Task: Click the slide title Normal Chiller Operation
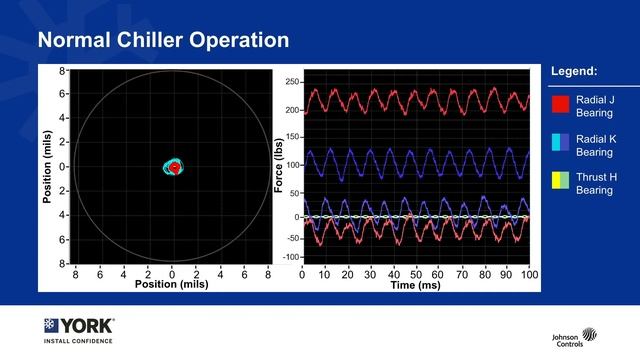[x=163, y=41]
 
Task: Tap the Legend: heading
[x=574, y=72]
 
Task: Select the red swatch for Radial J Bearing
[x=560, y=103]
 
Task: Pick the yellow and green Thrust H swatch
[x=560, y=182]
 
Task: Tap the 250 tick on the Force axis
[x=292, y=82]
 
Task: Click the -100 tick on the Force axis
[x=290, y=257]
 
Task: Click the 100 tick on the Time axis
[x=527, y=273]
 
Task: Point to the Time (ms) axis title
[x=416, y=285]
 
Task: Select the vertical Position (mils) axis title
[x=46, y=166]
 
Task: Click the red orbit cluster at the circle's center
[x=174, y=168]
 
